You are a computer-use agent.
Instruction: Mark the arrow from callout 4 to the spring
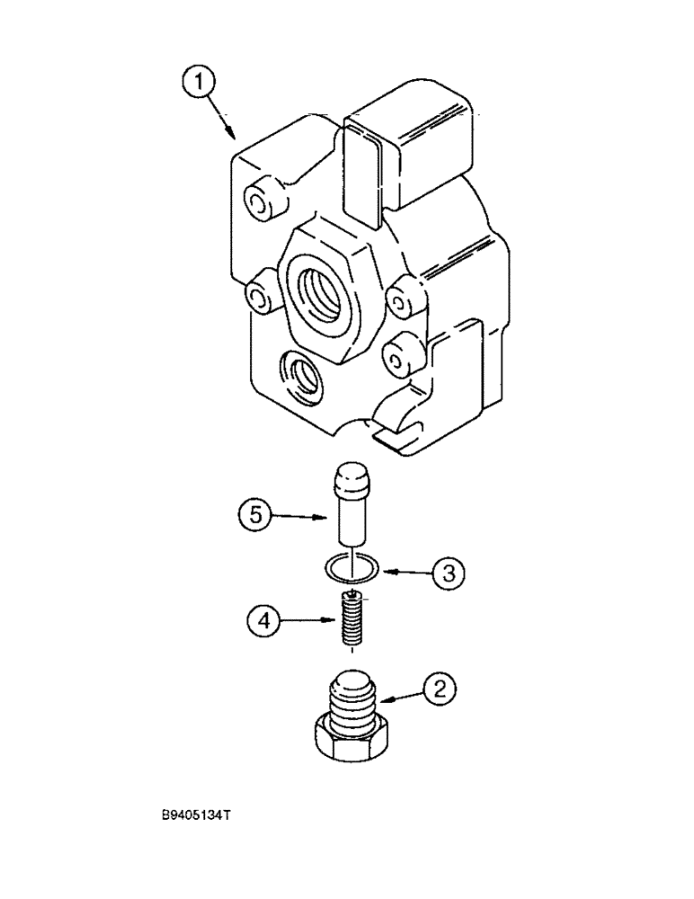click(x=306, y=619)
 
